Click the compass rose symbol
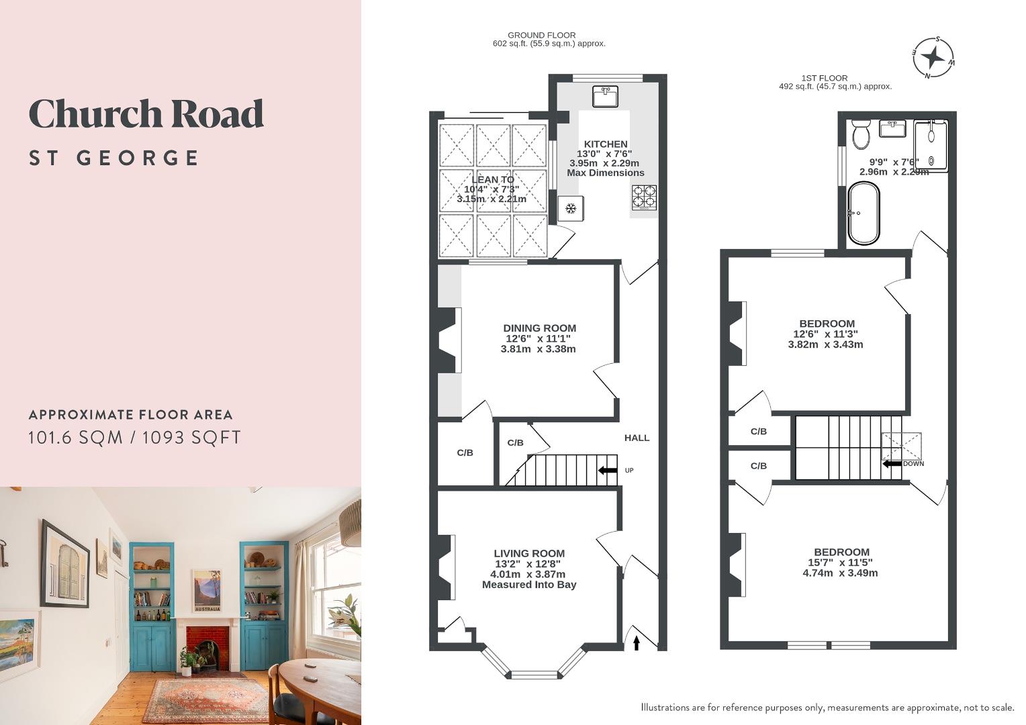[x=933, y=57]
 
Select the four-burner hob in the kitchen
[x=643, y=197]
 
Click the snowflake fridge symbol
[x=571, y=209]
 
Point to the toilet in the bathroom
[x=860, y=135]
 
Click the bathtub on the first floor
[x=864, y=213]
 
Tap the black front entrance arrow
[x=637, y=643]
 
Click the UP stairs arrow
[x=608, y=470]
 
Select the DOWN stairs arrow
[x=892, y=463]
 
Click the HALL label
[x=637, y=438]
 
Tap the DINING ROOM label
[x=539, y=328]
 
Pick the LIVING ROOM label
[x=529, y=554]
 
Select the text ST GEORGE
[x=114, y=158]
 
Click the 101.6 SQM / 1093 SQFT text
[x=134, y=438]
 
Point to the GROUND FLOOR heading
[x=541, y=35]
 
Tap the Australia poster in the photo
[x=207, y=591]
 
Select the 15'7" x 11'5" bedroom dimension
[x=840, y=563]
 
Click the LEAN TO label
[x=493, y=179]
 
